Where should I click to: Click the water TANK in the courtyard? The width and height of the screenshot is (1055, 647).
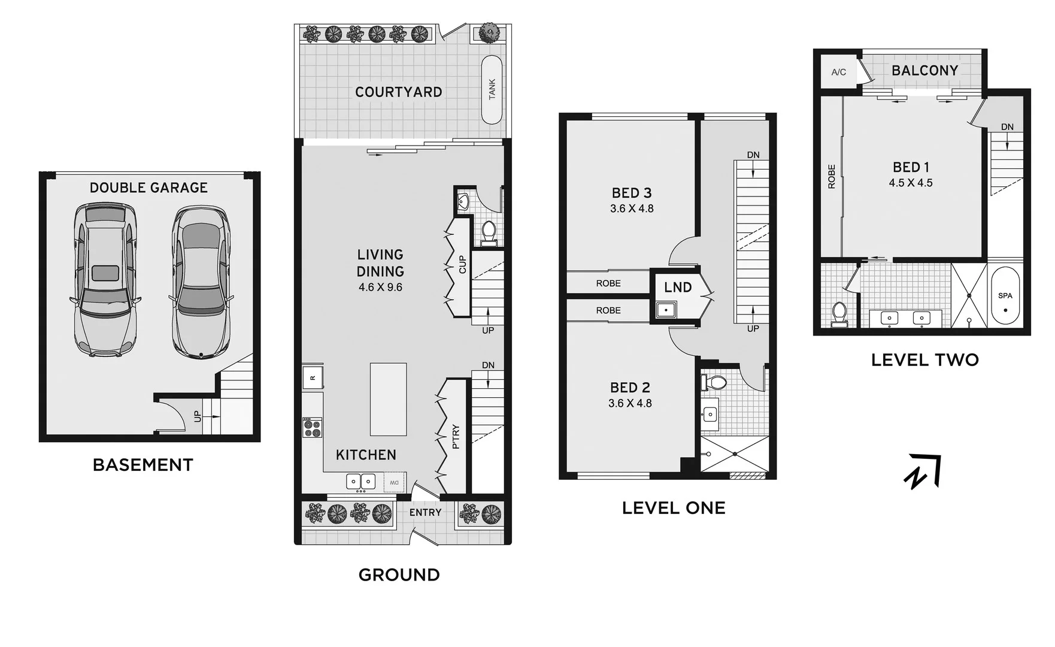[492, 90]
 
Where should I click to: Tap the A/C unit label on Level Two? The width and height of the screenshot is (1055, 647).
[838, 72]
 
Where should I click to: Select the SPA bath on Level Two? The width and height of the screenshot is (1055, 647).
[1005, 297]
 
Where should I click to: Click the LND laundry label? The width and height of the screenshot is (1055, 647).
[678, 288]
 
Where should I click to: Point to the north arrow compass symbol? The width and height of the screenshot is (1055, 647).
[922, 471]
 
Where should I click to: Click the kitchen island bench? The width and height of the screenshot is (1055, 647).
[388, 399]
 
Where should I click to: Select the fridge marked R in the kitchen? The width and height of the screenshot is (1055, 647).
[313, 377]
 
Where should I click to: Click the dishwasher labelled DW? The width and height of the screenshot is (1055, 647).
[394, 482]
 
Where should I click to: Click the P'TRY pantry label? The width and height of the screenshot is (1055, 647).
[456, 437]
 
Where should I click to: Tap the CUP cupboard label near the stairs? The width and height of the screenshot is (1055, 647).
[462, 265]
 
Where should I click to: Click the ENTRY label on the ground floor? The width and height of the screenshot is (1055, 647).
[425, 513]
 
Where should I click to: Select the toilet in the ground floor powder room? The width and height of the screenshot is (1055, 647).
[489, 232]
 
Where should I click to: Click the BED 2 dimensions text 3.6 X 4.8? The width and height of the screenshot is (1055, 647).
[630, 403]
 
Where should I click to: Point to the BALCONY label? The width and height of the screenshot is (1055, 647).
[924, 70]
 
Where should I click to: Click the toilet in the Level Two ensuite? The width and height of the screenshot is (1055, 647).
[839, 314]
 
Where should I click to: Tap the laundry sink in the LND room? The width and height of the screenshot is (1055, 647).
[664, 310]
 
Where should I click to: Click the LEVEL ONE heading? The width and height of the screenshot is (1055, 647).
[674, 508]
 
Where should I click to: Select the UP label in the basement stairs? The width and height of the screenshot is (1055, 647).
[198, 416]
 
